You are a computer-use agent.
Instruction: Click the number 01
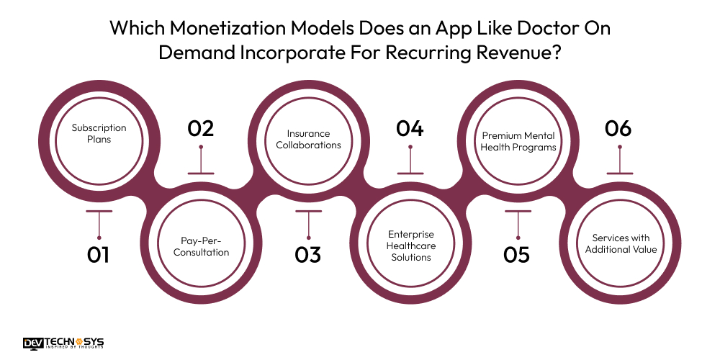pos(99,255)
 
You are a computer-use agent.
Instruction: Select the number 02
pos(201,129)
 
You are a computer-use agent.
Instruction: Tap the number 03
pos(307,255)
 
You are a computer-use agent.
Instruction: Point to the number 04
pos(410,129)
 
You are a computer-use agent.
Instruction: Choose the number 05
pos(517,255)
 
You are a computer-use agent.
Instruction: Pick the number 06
pos(618,129)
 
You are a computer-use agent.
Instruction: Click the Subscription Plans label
pos(99,133)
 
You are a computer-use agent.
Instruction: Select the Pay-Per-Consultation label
pos(204,246)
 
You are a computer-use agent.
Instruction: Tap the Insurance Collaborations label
pos(308,139)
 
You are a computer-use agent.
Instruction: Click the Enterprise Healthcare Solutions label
pos(413,246)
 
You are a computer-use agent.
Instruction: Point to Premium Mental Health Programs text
pos(519,141)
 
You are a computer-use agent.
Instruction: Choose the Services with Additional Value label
pos(621,243)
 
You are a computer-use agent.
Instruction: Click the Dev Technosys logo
pos(63,344)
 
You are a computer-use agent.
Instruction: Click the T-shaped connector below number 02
pos(201,162)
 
